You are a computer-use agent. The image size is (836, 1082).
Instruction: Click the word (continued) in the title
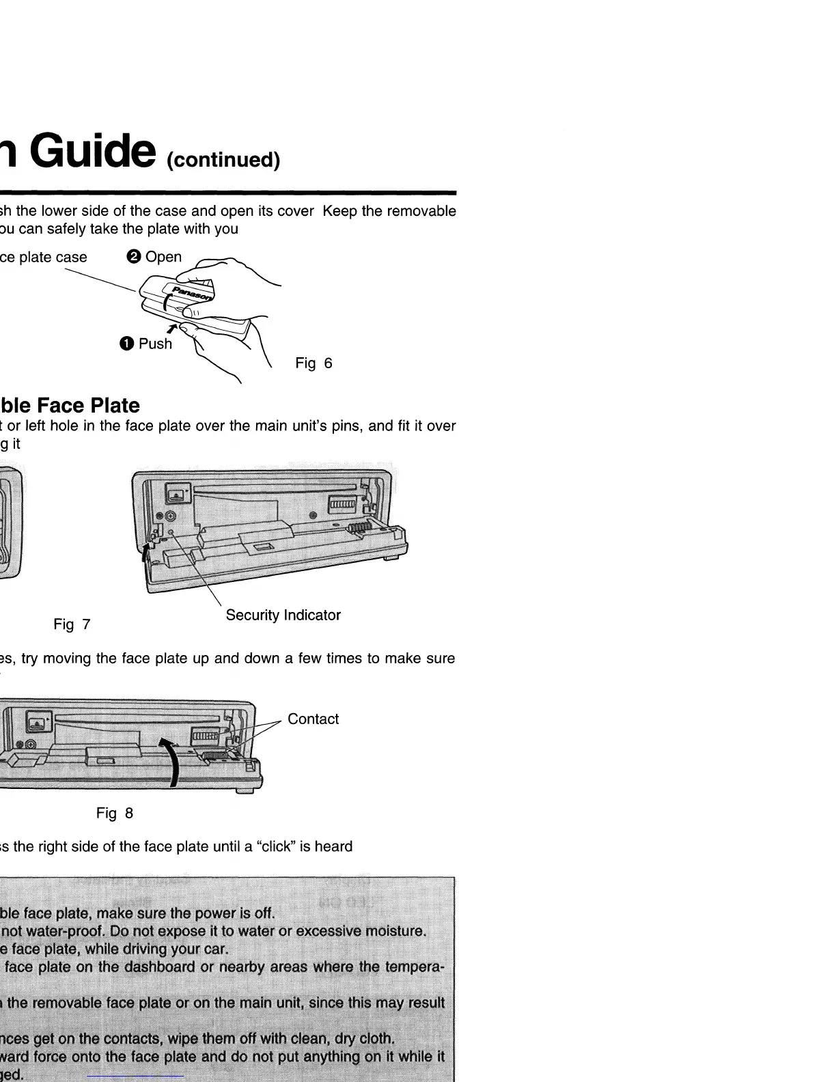(223, 160)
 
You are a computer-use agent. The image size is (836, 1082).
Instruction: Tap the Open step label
(163, 257)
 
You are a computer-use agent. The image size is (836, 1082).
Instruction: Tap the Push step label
(155, 344)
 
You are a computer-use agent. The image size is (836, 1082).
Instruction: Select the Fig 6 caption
(313, 363)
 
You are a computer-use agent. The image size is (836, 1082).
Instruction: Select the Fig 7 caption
(72, 624)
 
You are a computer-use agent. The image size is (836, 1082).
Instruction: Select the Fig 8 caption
(114, 813)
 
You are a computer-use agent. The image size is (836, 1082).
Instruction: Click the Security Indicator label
(283, 615)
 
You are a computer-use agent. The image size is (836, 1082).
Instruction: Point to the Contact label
(313, 719)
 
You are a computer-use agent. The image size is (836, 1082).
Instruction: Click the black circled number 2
(134, 257)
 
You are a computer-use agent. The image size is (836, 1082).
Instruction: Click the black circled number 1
(126, 344)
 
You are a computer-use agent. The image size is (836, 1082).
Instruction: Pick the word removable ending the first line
(421, 211)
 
